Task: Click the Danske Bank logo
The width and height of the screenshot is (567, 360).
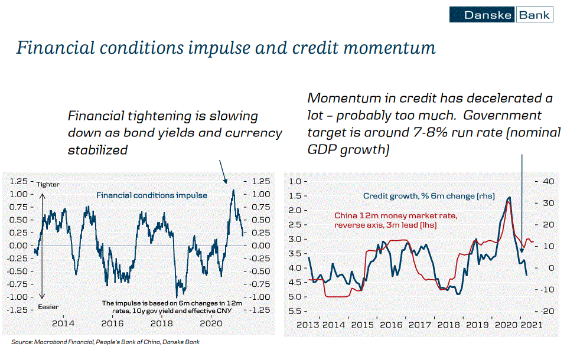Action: click(x=501, y=14)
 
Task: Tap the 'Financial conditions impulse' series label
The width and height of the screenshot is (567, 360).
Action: click(x=152, y=195)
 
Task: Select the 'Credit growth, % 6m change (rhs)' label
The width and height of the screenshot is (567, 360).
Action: click(x=429, y=196)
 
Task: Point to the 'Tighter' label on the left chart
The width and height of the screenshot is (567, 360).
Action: click(x=48, y=184)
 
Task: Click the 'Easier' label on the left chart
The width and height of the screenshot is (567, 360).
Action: click(x=48, y=307)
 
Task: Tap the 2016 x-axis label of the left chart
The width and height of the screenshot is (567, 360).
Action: click(x=112, y=323)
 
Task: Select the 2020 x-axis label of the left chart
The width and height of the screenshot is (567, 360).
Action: click(x=211, y=323)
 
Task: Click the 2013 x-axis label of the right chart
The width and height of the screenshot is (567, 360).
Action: click(x=308, y=325)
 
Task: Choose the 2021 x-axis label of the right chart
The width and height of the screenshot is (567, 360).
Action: click(x=532, y=325)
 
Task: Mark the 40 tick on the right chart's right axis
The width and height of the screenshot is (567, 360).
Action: click(x=548, y=181)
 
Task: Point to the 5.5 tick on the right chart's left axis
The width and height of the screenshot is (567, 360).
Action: click(x=295, y=311)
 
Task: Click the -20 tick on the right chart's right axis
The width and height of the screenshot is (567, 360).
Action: click(x=547, y=311)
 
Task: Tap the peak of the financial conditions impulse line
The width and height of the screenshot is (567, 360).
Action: click(x=233, y=190)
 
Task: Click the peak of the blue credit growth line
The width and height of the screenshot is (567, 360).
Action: click(x=510, y=197)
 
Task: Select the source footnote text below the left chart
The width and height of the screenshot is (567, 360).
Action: click(x=105, y=342)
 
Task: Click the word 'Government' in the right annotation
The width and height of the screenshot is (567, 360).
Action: click(x=502, y=115)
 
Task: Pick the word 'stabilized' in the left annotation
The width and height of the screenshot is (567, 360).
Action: click(x=97, y=150)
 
